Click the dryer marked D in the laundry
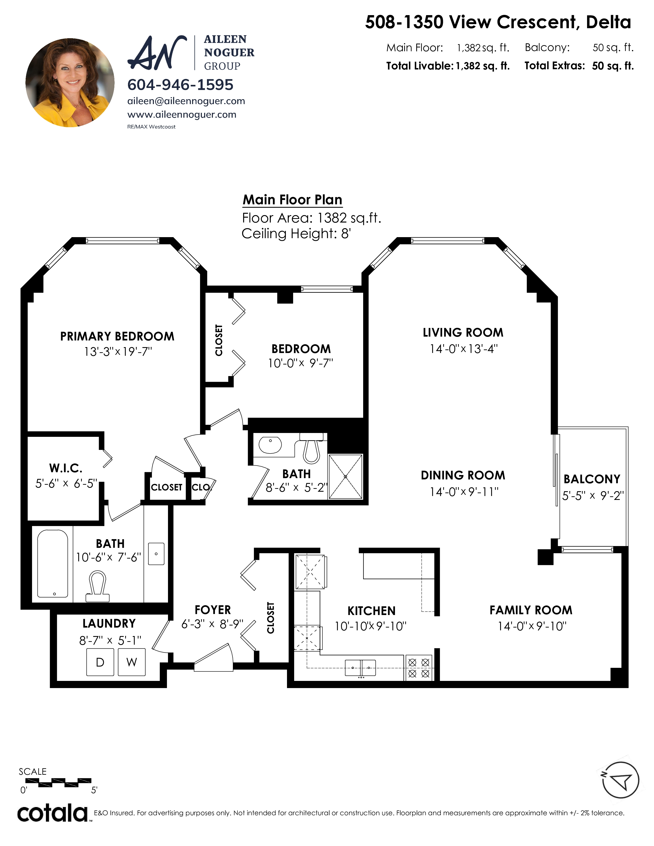pyautogui.click(x=100, y=662)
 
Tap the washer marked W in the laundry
pyautogui.click(x=132, y=662)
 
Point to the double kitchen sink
pyautogui.click(x=360, y=668)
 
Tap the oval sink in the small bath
pyautogui.click(x=270, y=445)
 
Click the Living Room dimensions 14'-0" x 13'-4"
pyautogui.click(x=463, y=349)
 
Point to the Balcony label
pyautogui.click(x=592, y=479)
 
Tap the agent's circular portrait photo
pyautogui.click(x=70, y=83)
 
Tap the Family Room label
pyautogui.click(x=531, y=610)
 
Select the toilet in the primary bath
pyautogui.click(x=97, y=586)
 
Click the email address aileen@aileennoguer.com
pyautogui.click(x=186, y=101)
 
